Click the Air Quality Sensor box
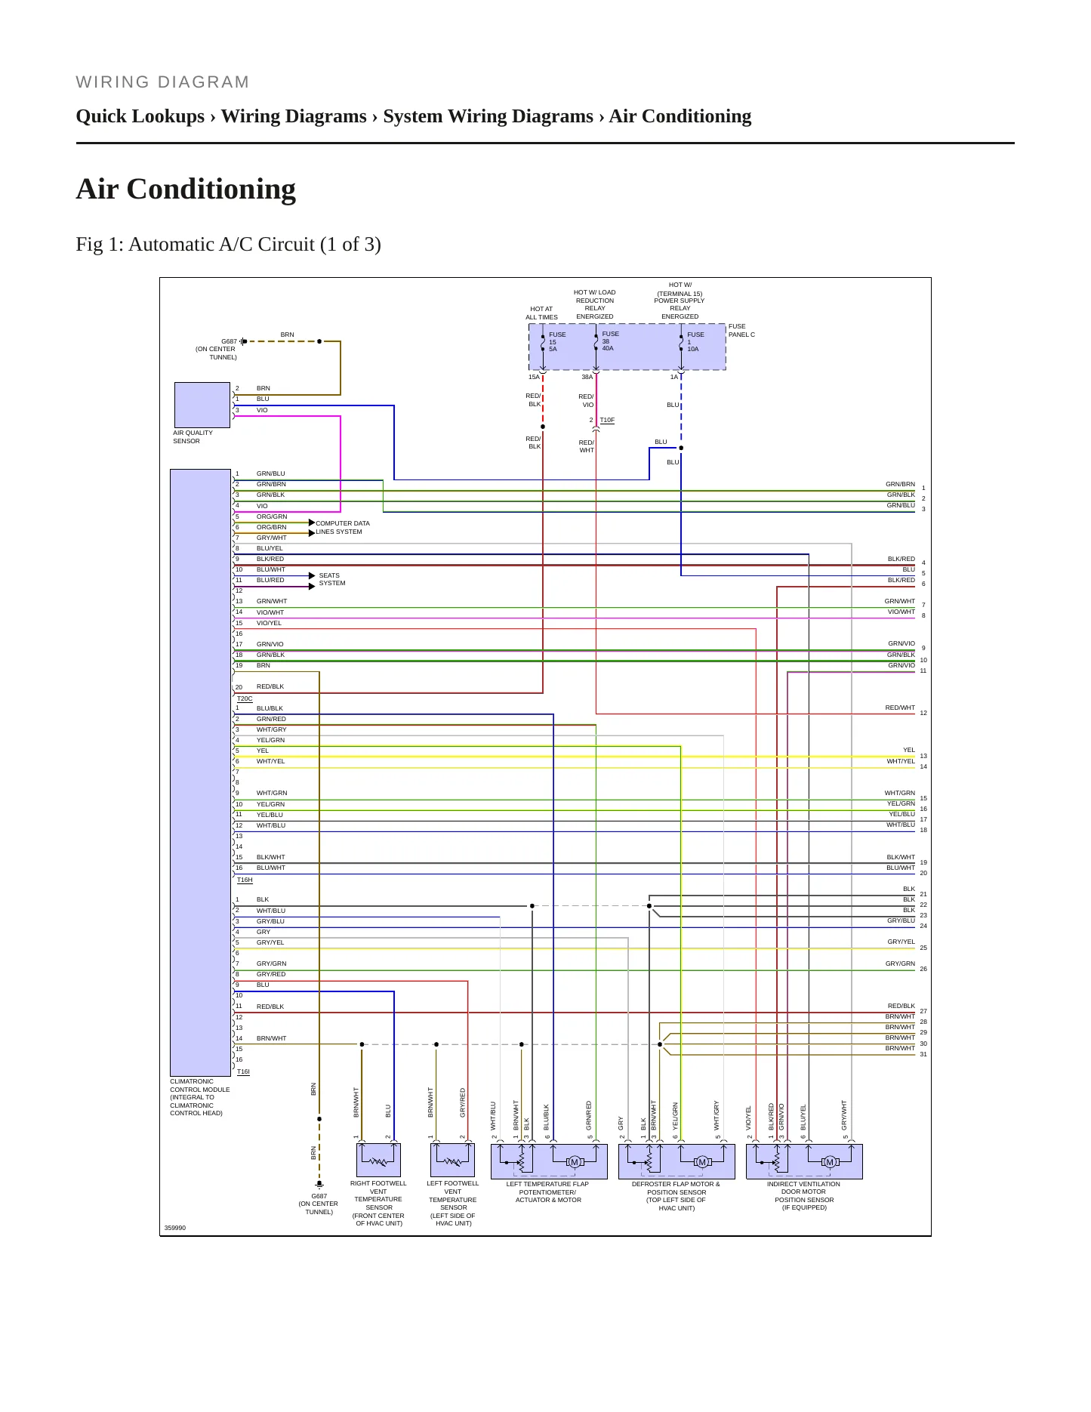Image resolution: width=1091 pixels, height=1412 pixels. [x=202, y=405]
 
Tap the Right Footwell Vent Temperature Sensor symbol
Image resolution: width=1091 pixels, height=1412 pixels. [x=378, y=1160]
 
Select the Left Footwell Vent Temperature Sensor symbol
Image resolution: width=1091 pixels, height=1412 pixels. [x=452, y=1160]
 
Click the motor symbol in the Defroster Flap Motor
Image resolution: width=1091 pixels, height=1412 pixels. [x=702, y=1162]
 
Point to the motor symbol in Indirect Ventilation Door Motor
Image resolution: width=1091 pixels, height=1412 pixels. [x=830, y=1162]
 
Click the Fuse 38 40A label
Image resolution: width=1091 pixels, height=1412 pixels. [x=610, y=341]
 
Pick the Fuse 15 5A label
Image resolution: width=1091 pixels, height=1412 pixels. [x=557, y=341]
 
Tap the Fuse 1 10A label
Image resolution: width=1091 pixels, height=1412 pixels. [x=695, y=341]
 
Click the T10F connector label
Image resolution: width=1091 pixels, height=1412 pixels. [x=607, y=420]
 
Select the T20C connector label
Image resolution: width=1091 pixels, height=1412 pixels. [x=245, y=698]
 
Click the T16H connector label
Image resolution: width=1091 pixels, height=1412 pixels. [x=245, y=880]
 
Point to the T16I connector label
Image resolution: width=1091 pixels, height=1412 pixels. [x=243, y=1071]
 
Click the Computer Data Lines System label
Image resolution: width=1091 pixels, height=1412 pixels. [x=343, y=527]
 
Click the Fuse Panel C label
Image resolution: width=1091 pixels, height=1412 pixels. [x=741, y=330]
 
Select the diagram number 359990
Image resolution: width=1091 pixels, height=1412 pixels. [x=175, y=1228]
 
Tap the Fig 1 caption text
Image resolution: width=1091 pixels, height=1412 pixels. [x=228, y=245]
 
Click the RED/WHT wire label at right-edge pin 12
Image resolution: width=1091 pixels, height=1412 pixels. [x=900, y=708]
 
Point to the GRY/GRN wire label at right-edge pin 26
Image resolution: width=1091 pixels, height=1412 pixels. [x=900, y=963]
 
